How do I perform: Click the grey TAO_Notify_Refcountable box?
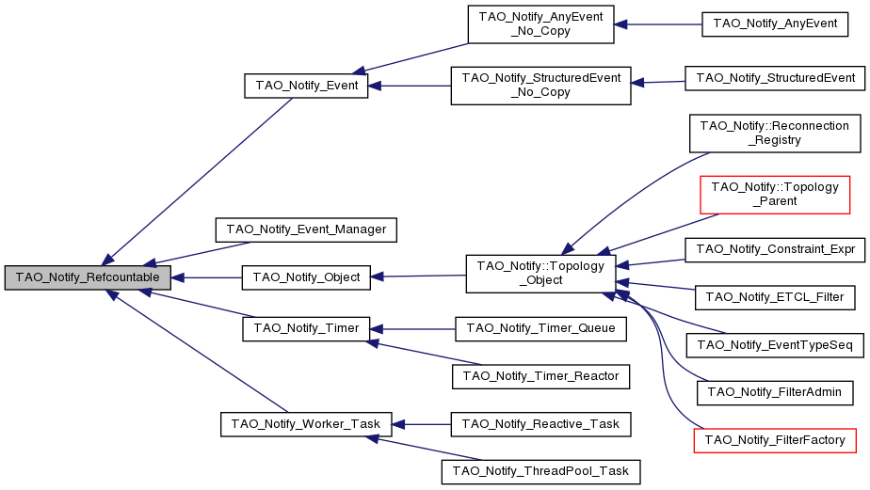(88, 277)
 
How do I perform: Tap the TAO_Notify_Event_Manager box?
(306, 228)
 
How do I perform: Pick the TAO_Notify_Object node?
(306, 277)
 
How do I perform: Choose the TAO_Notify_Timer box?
(306, 329)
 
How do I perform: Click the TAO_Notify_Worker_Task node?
(306, 423)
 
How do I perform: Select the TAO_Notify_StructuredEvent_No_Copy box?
(540, 86)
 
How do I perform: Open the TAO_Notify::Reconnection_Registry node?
(776, 133)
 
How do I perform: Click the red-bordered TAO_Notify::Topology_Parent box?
(776, 193)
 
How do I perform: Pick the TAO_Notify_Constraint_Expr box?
(776, 250)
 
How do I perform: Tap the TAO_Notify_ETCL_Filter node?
(776, 297)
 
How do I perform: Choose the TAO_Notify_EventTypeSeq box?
(776, 345)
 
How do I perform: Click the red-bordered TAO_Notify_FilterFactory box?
(776, 439)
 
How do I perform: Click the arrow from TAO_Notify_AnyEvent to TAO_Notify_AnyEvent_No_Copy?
(658, 24)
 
